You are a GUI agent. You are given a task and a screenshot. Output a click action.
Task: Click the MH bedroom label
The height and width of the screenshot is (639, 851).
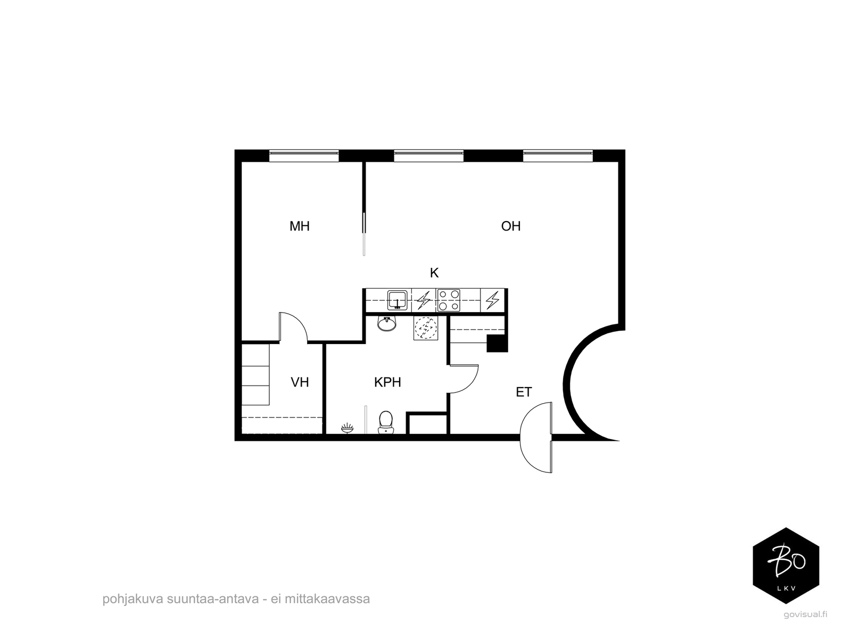[299, 226]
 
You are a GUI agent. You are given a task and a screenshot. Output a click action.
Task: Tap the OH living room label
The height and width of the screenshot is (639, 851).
[510, 226]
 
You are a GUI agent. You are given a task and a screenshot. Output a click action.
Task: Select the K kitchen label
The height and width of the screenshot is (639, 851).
[434, 273]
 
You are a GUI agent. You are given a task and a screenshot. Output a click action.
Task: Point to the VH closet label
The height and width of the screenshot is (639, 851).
[300, 382]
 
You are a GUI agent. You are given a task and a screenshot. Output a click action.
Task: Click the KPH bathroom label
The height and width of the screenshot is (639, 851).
[387, 382]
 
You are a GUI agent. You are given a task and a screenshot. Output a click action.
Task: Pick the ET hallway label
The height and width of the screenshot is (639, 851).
[524, 392]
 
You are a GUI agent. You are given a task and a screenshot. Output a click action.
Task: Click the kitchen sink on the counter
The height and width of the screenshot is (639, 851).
[397, 300]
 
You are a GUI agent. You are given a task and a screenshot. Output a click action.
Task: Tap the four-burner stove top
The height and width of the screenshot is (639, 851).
[449, 300]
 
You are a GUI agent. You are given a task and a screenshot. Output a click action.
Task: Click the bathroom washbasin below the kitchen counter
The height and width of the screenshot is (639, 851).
[387, 323]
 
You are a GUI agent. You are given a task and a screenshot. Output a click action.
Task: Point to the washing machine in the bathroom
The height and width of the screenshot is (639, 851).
[425, 329]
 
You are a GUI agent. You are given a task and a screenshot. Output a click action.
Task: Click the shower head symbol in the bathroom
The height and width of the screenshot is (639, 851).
[347, 427]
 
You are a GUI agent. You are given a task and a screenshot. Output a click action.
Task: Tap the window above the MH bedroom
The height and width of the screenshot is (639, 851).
[303, 155]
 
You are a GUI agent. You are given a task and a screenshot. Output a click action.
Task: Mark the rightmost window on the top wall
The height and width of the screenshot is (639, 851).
[557, 155]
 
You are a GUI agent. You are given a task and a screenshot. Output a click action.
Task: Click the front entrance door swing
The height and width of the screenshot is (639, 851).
[536, 438]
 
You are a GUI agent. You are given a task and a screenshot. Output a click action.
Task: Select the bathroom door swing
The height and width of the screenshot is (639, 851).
[464, 379]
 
